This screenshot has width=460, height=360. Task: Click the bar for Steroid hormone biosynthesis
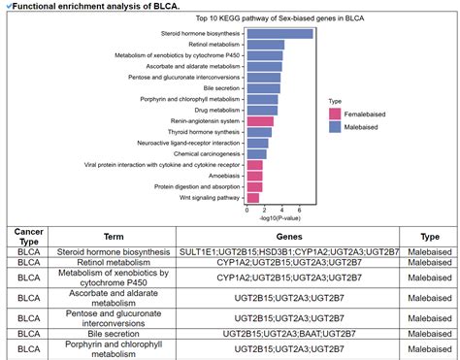(279, 34)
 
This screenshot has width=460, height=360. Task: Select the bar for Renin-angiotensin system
(260, 121)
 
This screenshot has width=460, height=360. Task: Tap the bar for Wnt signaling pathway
(254, 197)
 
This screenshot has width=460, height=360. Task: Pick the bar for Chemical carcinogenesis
(256, 153)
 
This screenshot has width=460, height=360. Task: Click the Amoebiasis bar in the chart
(254, 176)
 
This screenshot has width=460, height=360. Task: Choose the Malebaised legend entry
(357, 126)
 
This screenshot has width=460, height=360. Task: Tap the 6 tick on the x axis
(299, 211)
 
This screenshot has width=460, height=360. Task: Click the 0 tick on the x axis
(246, 211)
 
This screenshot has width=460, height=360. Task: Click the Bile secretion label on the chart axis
(220, 88)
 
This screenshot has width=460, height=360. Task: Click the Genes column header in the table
(288, 236)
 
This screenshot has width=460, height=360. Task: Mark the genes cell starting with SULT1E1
(288, 250)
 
